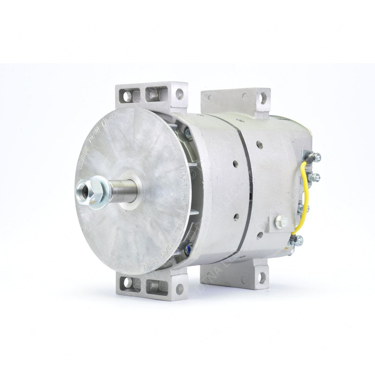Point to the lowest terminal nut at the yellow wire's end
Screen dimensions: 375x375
[x=300, y=240]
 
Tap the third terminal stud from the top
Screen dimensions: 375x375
[x=301, y=208]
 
